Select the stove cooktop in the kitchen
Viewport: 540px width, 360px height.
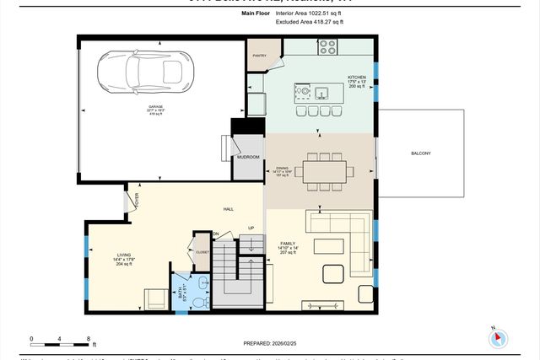(327, 47)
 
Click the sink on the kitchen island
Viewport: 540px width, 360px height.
(321, 91)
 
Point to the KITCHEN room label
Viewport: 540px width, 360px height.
(357, 77)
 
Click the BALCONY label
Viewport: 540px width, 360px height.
(420, 153)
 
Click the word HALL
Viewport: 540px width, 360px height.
(228, 209)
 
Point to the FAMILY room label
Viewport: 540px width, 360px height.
(287, 242)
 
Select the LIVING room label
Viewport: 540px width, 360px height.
(124, 253)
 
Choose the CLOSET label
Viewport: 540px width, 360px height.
(202, 251)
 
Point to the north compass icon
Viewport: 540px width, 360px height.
(498, 337)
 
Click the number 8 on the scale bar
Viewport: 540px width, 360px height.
(89, 339)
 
